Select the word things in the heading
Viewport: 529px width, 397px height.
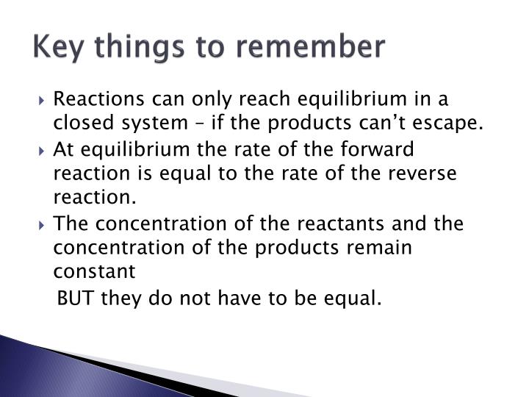point(146,48)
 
